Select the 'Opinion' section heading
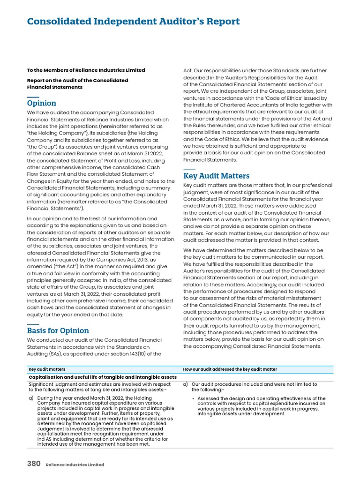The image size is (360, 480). (x=41, y=103)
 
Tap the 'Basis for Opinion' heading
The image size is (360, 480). (x=58, y=330)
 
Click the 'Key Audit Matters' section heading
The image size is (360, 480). (x=216, y=176)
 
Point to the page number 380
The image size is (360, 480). (x=33, y=464)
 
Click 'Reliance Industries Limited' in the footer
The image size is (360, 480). (x=75, y=465)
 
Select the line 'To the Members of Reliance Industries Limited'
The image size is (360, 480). (x=86, y=70)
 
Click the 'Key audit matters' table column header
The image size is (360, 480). (x=47, y=369)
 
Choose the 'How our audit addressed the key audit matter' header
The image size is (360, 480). (x=230, y=369)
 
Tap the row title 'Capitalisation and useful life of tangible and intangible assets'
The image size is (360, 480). (x=103, y=377)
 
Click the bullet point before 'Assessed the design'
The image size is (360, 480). (x=194, y=399)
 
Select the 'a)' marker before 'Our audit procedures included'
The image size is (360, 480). (x=186, y=384)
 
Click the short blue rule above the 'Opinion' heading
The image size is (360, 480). (x=33, y=97)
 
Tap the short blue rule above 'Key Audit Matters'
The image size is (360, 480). (x=189, y=169)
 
